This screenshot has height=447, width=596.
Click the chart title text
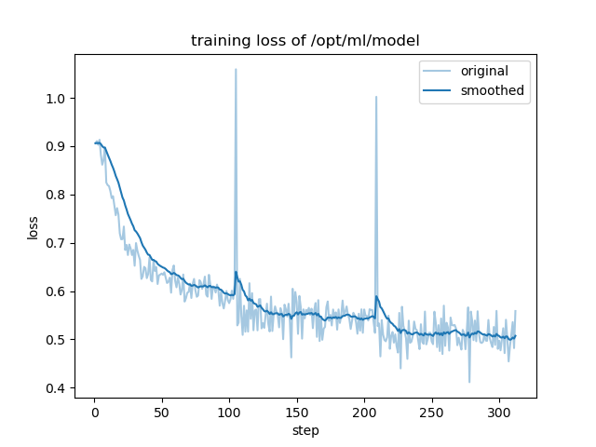click(305, 41)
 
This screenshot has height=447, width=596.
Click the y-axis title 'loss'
click(33, 226)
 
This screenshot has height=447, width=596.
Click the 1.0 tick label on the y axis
click(57, 99)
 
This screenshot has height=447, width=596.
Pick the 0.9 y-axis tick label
click(57, 146)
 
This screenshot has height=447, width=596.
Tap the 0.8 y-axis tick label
click(57, 195)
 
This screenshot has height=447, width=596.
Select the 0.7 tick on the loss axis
click(57, 243)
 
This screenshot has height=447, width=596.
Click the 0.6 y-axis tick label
click(57, 291)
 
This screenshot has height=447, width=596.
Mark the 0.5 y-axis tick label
click(57, 340)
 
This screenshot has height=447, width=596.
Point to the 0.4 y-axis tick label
click(57, 388)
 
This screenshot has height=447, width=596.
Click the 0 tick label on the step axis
click(94, 412)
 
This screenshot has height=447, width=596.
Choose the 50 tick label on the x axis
click(162, 412)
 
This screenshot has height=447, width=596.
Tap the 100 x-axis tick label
click(229, 412)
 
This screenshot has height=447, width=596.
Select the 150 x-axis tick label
click(297, 412)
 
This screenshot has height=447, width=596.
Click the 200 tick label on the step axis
click(364, 412)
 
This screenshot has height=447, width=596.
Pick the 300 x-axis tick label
click(499, 412)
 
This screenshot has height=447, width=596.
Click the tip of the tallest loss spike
click(236, 69)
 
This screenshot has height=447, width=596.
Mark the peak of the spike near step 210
click(376, 96)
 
